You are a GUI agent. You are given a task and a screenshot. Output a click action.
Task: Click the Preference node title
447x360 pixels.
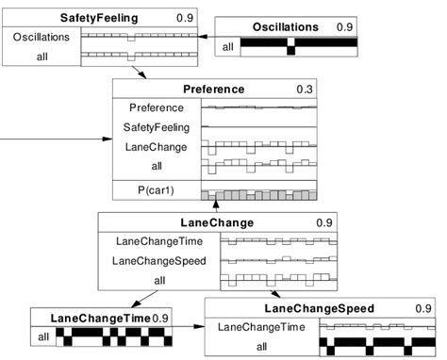213,90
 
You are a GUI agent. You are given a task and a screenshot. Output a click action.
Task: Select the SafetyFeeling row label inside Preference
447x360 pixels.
159,127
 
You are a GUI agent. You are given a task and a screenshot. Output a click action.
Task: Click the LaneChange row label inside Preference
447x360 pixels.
159,147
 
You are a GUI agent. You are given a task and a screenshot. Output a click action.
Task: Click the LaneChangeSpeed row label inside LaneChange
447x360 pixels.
158,260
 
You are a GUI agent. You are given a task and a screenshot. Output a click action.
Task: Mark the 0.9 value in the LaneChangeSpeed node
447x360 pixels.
422,308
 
